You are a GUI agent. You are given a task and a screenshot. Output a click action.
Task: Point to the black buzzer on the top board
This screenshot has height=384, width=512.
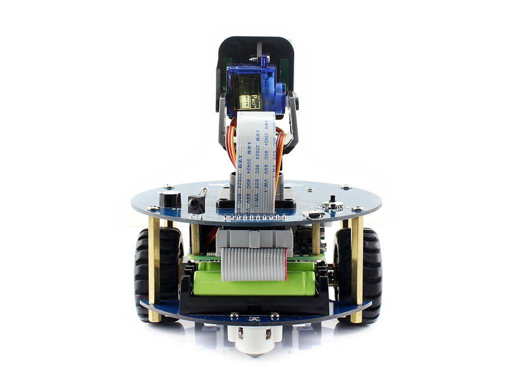[170, 199]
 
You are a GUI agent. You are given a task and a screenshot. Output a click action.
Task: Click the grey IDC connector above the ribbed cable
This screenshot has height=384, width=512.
[254, 238]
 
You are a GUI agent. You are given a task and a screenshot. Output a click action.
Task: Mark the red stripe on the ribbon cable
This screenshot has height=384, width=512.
[285, 265]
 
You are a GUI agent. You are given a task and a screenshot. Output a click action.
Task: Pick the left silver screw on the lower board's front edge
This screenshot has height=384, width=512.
[233, 315]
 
